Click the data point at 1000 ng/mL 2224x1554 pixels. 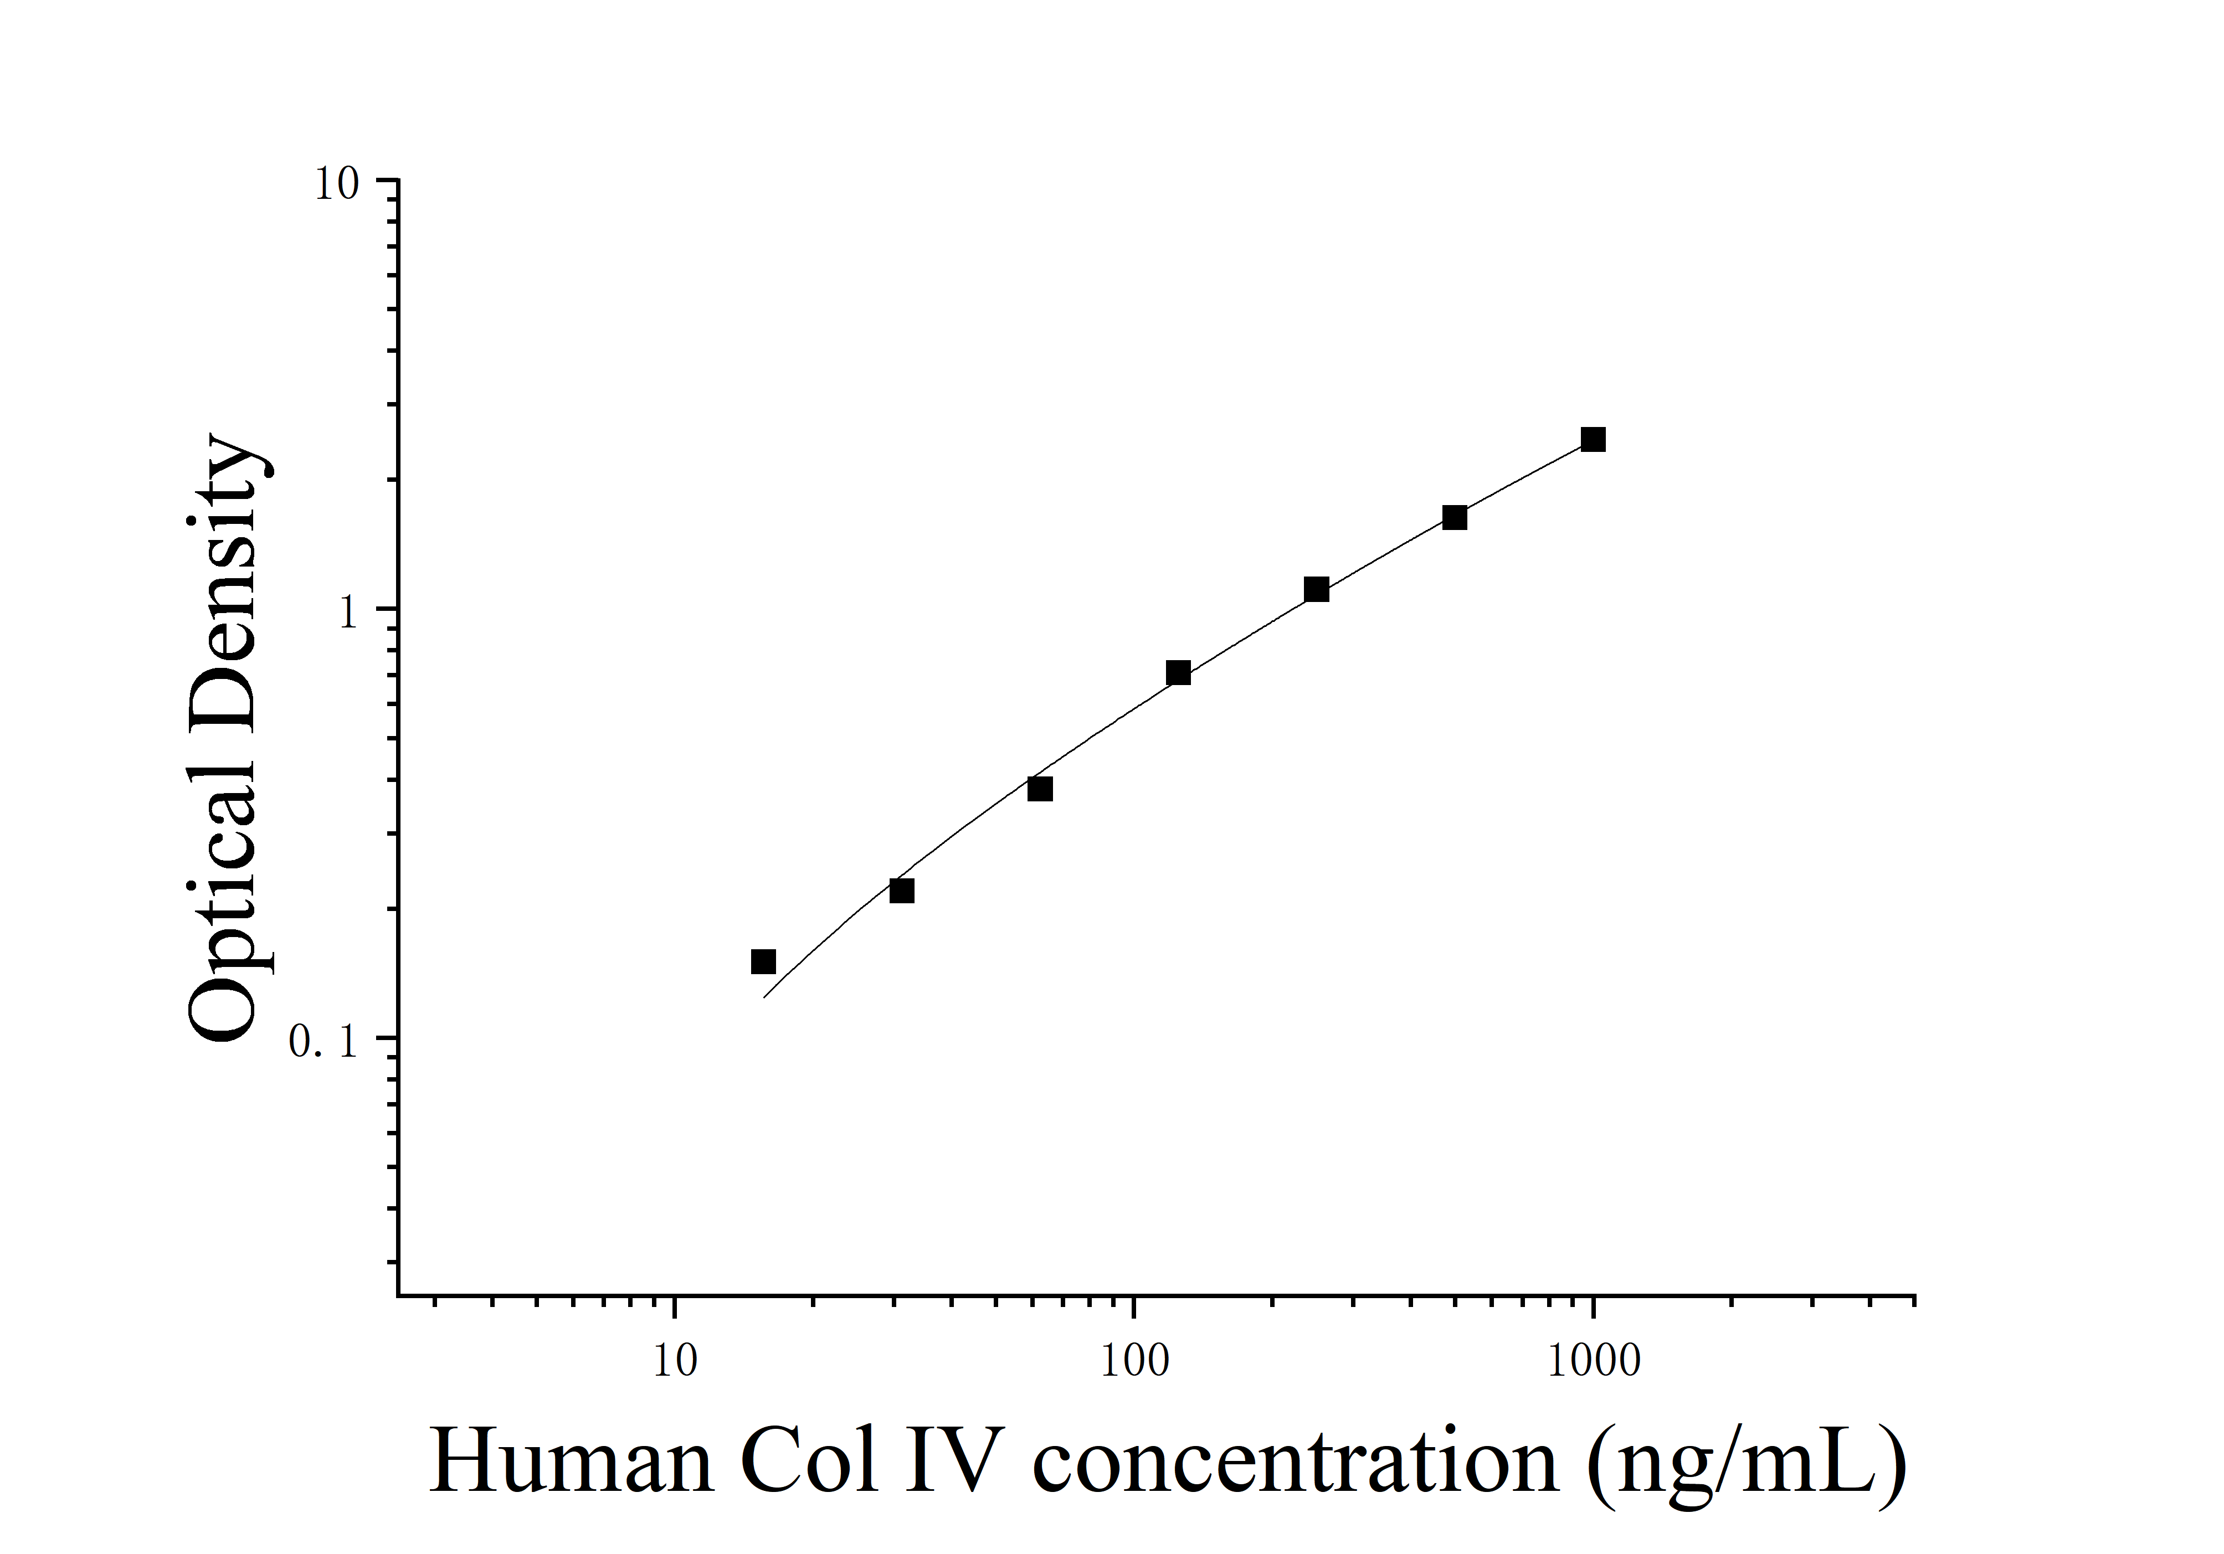pos(1593,440)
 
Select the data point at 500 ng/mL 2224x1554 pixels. pos(1454,518)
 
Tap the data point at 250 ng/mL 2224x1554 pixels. pos(1316,590)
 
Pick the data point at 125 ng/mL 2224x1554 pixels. pos(1178,673)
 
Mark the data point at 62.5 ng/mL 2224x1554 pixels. pos(1039,789)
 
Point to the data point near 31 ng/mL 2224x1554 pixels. pos(901,891)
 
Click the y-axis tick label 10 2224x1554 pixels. pos(336,184)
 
